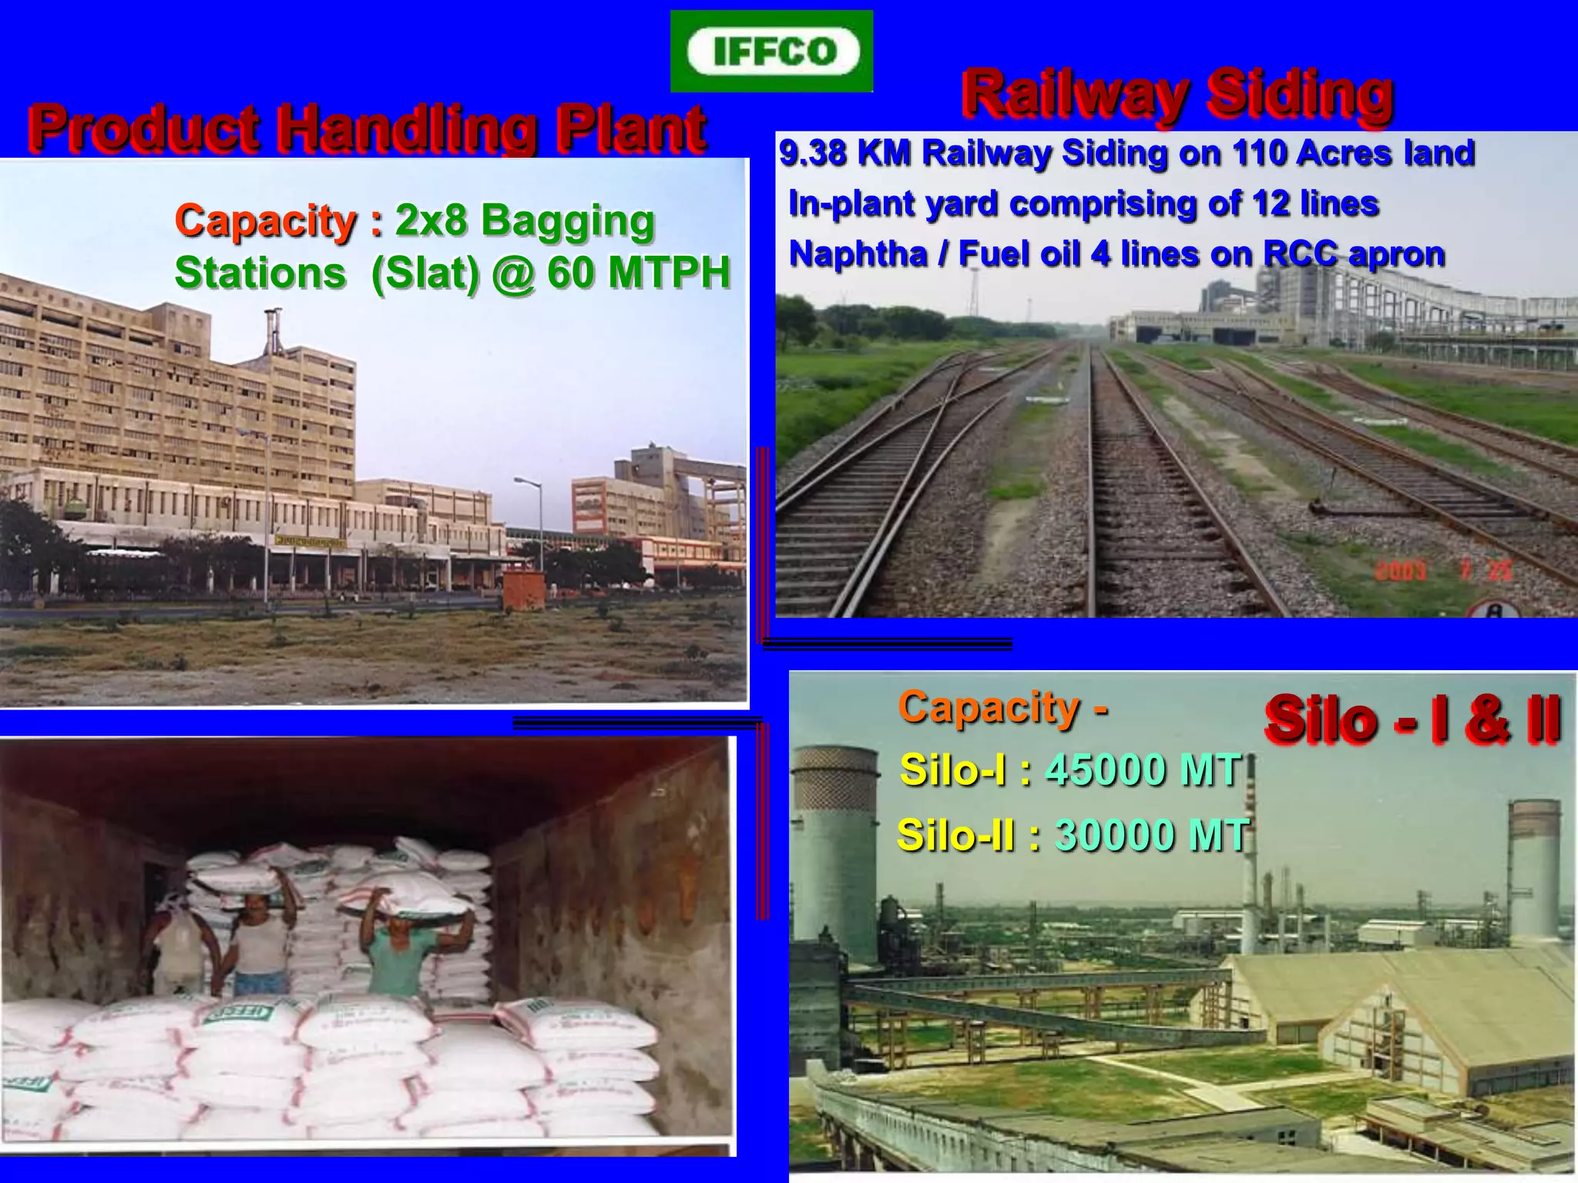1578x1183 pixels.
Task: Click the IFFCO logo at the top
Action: click(x=772, y=52)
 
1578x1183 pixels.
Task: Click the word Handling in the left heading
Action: click(x=406, y=129)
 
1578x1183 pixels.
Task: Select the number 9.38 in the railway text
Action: click(x=813, y=153)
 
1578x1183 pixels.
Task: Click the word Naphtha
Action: click(x=858, y=254)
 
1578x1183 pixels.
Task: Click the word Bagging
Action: click(x=567, y=221)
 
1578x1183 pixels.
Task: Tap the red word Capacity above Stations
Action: click(x=266, y=221)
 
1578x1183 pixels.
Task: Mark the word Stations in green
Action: click(x=260, y=273)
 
